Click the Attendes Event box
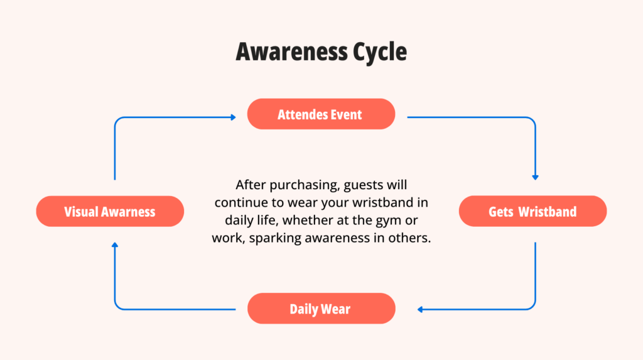(321, 114)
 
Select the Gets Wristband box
(532, 211)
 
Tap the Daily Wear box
(321, 308)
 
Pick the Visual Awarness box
(110, 211)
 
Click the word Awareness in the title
(291, 52)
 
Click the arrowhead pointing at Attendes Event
(234, 117)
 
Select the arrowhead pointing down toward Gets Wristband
(535, 177)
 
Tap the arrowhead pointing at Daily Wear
(420, 310)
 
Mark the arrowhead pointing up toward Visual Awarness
(115, 245)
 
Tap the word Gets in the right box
(500, 212)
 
